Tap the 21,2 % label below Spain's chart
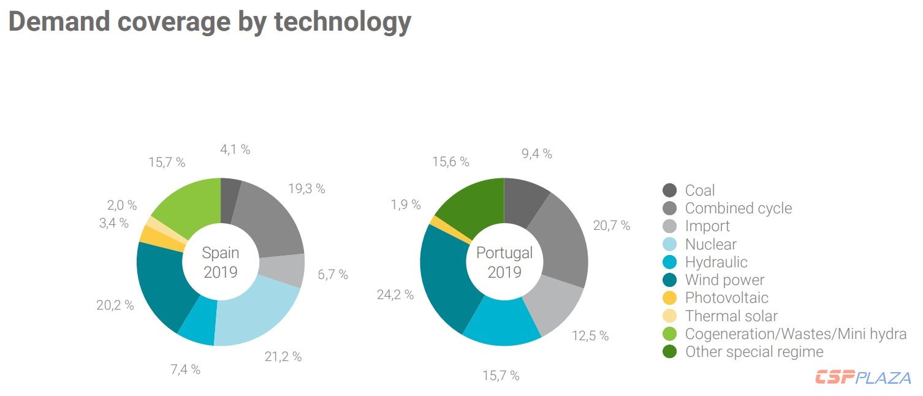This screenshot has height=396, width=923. [x=283, y=357]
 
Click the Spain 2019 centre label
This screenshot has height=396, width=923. [x=221, y=262]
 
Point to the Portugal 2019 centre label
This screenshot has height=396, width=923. [x=504, y=262]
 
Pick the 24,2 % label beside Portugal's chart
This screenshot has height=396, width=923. [x=395, y=295]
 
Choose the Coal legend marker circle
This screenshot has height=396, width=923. [x=670, y=191]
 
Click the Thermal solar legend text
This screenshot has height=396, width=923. [x=731, y=316]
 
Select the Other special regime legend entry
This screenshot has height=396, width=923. [x=754, y=352]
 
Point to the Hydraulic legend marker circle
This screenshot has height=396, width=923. [x=670, y=262]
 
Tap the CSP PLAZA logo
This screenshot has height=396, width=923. [x=862, y=378]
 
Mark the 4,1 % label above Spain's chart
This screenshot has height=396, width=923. [x=235, y=150]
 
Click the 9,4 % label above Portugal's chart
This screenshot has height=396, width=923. [x=537, y=154]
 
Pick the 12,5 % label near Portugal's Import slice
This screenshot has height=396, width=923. [x=590, y=336]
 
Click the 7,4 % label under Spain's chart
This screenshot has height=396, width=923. [x=185, y=370]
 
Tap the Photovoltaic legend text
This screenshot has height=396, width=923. [x=726, y=299]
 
